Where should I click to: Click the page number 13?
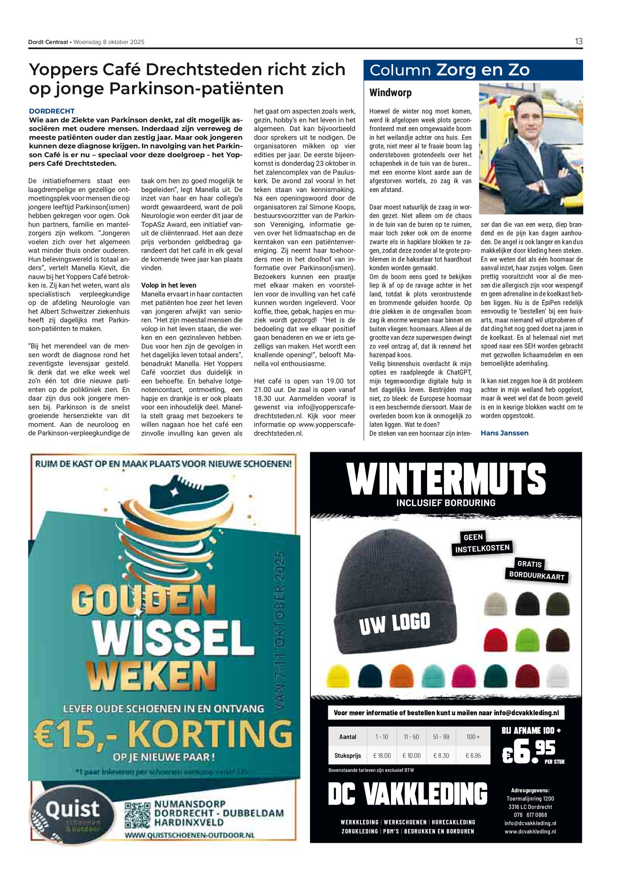[x=579, y=41]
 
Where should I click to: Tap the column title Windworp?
[x=390, y=93]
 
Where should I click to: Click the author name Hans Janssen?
[x=504, y=433]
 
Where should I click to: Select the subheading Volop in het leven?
[x=169, y=285]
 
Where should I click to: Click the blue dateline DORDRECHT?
[x=52, y=111]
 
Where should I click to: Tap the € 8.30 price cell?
[x=441, y=755]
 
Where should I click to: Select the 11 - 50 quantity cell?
[x=411, y=737]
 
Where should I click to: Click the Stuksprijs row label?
[x=348, y=755]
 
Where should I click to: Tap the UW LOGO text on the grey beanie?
[x=394, y=623]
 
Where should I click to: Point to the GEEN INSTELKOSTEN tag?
[x=482, y=543]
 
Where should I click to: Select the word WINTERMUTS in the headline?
[x=446, y=479]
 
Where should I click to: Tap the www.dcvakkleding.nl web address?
[x=530, y=831]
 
